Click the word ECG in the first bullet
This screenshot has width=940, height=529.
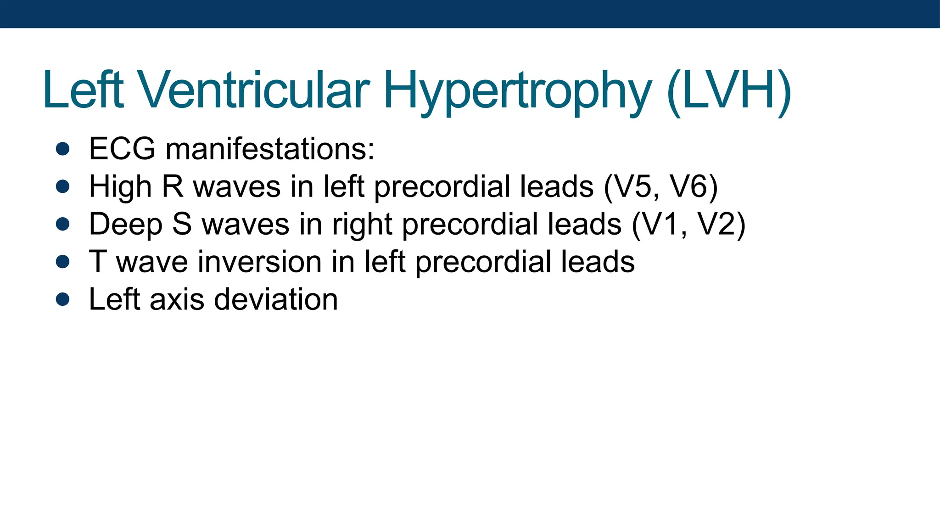[122, 149]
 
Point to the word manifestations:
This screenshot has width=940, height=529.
[270, 149]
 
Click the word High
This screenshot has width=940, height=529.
[120, 187]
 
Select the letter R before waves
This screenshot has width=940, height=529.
[173, 186]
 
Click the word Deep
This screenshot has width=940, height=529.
[126, 225]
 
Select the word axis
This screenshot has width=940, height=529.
[177, 299]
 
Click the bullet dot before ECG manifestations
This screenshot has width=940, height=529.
[62, 149]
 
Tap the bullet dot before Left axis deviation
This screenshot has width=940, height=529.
[62, 299]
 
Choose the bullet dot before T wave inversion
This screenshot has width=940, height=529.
[62, 262]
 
